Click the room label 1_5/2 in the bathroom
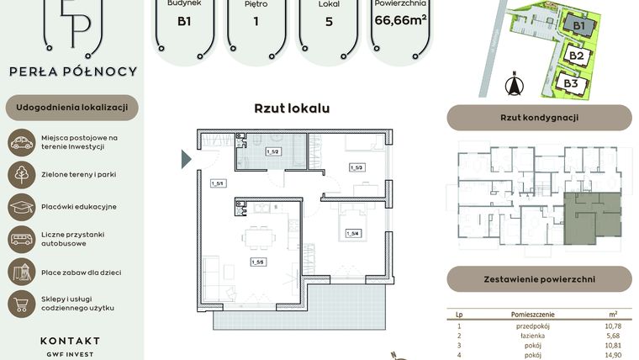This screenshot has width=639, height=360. click(x=272, y=152)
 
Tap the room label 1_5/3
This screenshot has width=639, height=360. click(x=356, y=167)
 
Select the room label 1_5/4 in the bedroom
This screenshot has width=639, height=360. click(x=353, y=233)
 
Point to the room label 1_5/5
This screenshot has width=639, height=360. click(x=256, y=262)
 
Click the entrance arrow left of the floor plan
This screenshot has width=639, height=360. click(x=187, y=157)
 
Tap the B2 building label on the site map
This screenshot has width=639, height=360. click(x=576, y=56)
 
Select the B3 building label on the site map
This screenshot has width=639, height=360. click(x=571, y=83)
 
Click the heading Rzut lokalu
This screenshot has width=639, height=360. click(x=292, y=109)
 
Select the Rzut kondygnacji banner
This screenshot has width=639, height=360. click(x=538, y=118)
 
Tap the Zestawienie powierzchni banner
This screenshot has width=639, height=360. click(x=538, y=278)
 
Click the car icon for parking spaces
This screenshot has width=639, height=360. click(x=21, y=142)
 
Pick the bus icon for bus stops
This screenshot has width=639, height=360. click(x=21, y=239)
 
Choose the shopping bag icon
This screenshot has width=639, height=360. click(x=21, y=303)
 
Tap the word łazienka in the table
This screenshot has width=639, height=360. click(x=533, y=334)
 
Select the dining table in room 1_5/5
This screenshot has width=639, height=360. click(x=256, y=236)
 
